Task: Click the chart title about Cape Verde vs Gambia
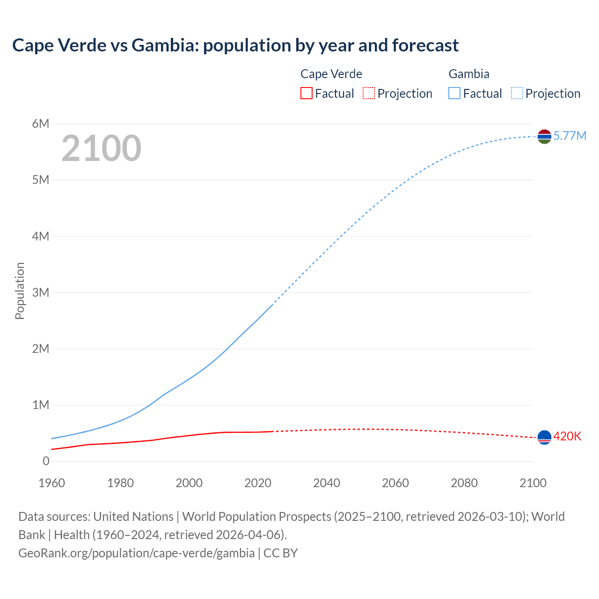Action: point(235,45)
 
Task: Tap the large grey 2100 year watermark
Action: point(101,148)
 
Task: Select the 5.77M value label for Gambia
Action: point(570,136)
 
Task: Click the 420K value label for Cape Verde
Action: point(567,437)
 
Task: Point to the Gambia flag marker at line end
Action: point(544,137)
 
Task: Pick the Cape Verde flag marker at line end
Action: point(544,437)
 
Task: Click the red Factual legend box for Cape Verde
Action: point(307,94)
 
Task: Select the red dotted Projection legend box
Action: point(369,94)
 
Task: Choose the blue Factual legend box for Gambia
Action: point(454,94)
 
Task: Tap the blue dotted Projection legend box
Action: point(517,94)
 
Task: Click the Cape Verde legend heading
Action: point(331,74)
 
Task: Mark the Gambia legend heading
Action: point(469,74)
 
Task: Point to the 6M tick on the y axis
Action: point(41,124)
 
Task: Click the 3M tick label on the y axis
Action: point(41,292)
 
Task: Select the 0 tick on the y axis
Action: point(46,461)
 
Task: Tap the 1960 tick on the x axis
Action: point(51,483)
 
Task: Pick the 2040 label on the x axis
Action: point(327,483)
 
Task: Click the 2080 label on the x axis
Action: point(464,483)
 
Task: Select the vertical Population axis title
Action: point(20,291)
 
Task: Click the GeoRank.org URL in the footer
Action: point(136,553)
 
